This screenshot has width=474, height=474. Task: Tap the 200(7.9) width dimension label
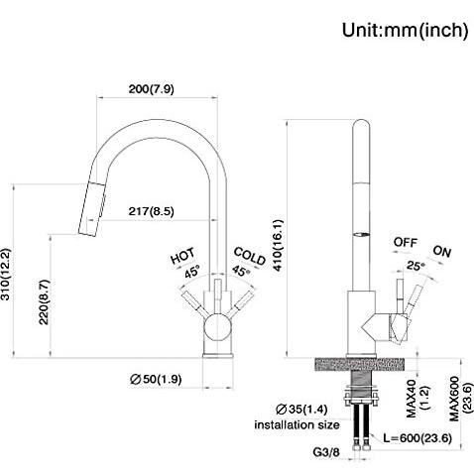click(152, 89)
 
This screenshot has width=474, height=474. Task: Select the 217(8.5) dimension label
click(152, 210)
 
